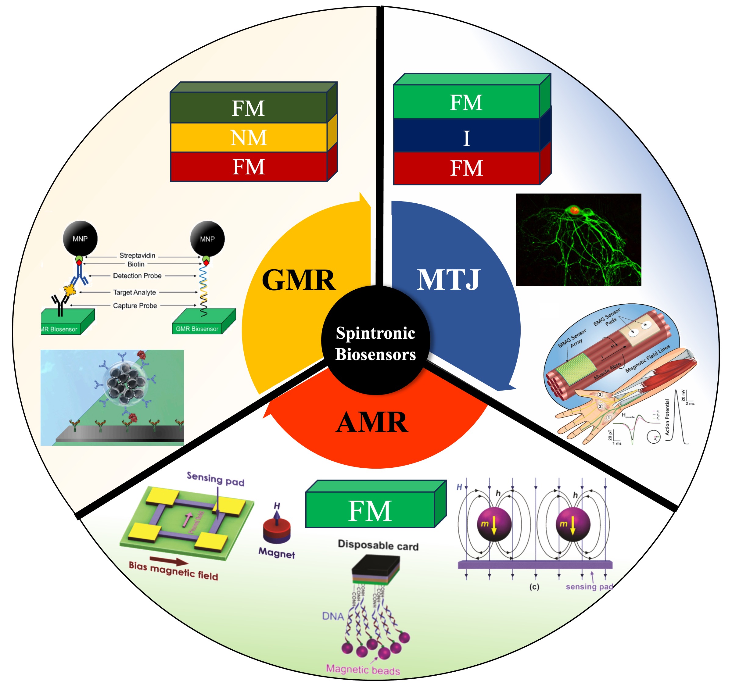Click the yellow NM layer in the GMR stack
click(249, 138)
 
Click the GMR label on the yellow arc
click(299, 280)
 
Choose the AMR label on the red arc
click(372, 422)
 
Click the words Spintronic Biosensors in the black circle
click(375, 343)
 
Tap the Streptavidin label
click(137, 255)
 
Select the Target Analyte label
click(135, 292)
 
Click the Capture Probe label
click(135, 305)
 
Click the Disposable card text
click(378, 545)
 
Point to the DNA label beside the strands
click(333, 616)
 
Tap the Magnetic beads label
click(363, 670)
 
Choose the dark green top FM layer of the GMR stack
click(249, 108)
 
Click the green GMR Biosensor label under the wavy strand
click(197, 329)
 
